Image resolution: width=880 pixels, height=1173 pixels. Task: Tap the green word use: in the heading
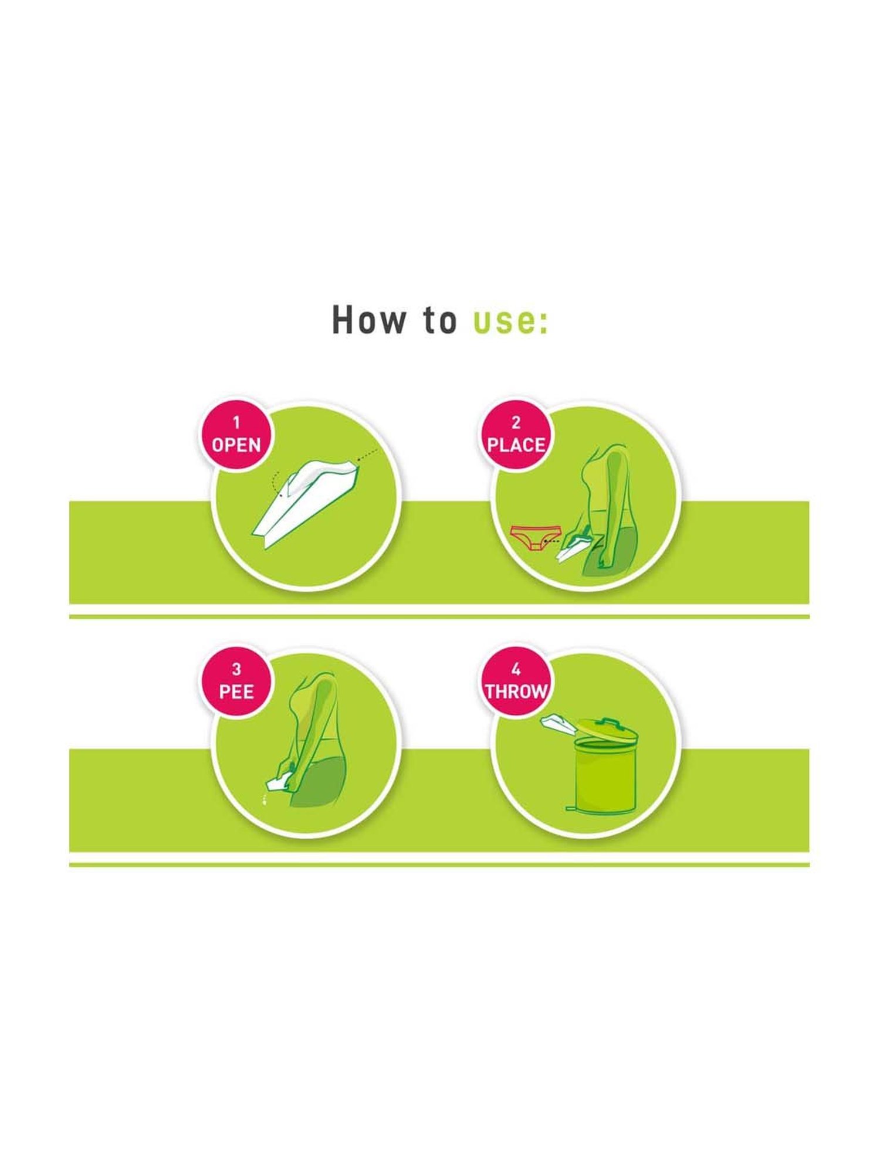point(510,321)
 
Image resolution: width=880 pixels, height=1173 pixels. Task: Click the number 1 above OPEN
point(236,422)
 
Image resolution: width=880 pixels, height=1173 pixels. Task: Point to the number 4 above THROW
point(516,669)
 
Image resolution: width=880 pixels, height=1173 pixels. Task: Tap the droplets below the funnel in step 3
point(265,799)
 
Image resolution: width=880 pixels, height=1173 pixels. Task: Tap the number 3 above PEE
point(236,669)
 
